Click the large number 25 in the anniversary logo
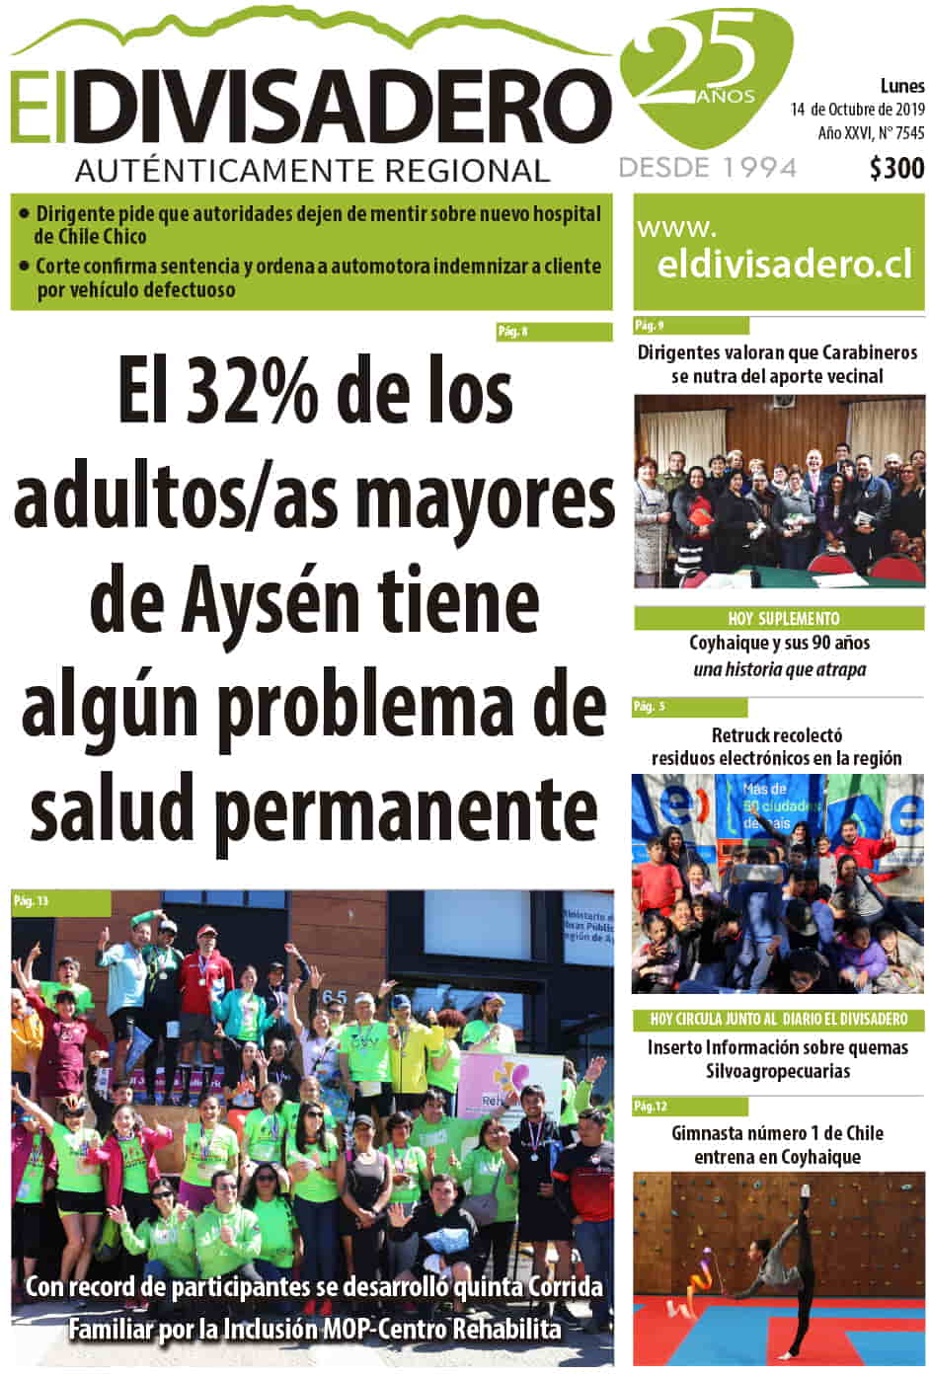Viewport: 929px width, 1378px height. (x=703, y=61)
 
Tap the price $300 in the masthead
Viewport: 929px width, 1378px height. (x=896, y=169)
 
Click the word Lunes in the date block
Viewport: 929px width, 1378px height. (x=902, y=87)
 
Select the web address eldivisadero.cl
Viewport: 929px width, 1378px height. (x=784, y=265)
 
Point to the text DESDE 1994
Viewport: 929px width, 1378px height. (x=707, y=168)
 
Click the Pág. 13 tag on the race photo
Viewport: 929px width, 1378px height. (x=32, y=900)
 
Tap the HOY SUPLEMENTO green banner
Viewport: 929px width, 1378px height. (x=779, y=619)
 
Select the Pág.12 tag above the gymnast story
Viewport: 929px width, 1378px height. (x=651, y=1107)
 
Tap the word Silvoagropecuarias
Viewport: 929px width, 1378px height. (x=778, y=1071)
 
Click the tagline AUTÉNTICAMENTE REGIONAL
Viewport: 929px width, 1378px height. (x=312, y=171)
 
